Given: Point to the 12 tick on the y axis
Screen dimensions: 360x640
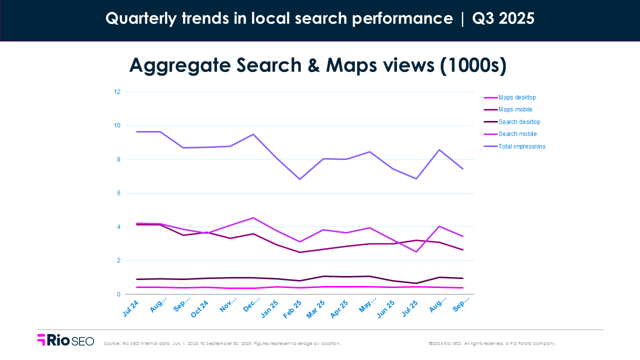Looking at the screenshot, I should click(x=117, y=92).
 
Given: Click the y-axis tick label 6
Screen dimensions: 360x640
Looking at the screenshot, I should click(x=118, y=193).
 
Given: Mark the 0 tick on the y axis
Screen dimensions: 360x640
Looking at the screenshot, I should click(x=118, y=294).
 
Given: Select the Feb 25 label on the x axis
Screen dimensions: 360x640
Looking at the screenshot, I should click(x=293, y=308).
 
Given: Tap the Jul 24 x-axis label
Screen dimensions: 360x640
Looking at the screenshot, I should click(x=130, y=308).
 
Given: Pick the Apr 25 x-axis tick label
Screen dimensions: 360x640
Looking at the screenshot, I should click(x=339, y=308).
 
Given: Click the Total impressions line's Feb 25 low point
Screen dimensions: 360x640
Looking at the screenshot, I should click(x=299, y=179).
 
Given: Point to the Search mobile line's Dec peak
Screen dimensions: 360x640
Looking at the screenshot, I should click(x=253, y=217).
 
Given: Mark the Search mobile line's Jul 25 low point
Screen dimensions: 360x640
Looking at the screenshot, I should click(x=416, y=251).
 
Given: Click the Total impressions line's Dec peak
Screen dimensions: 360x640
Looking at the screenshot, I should click(x=253, y=134).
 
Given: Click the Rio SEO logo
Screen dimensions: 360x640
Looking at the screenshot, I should click(x=65, y=340).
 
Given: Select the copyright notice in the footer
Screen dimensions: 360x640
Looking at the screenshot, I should click(x=492, y=343).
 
